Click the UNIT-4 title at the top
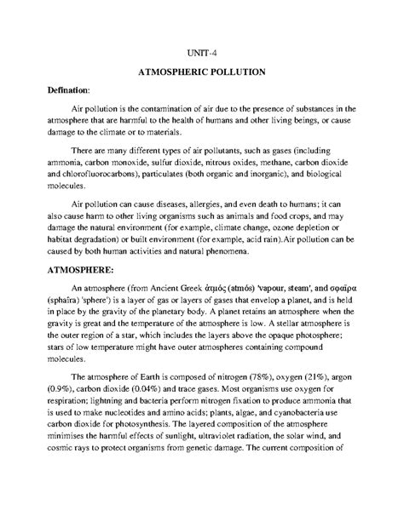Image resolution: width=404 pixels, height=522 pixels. (x=202, y=51)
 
